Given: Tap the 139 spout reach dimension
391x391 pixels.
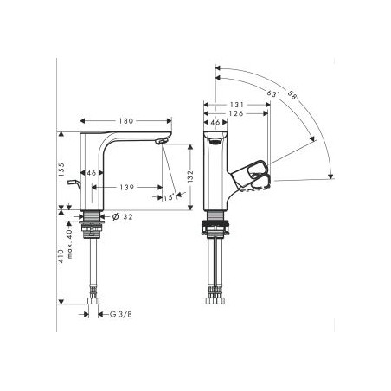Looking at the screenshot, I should (126, 186).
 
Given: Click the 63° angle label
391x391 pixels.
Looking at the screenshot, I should (273, 93).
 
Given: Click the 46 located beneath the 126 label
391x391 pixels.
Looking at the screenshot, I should (213, 125).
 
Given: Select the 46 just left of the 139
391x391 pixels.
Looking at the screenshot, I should (91, 174).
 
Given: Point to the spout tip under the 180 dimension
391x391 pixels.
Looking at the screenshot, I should (160, 142).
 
